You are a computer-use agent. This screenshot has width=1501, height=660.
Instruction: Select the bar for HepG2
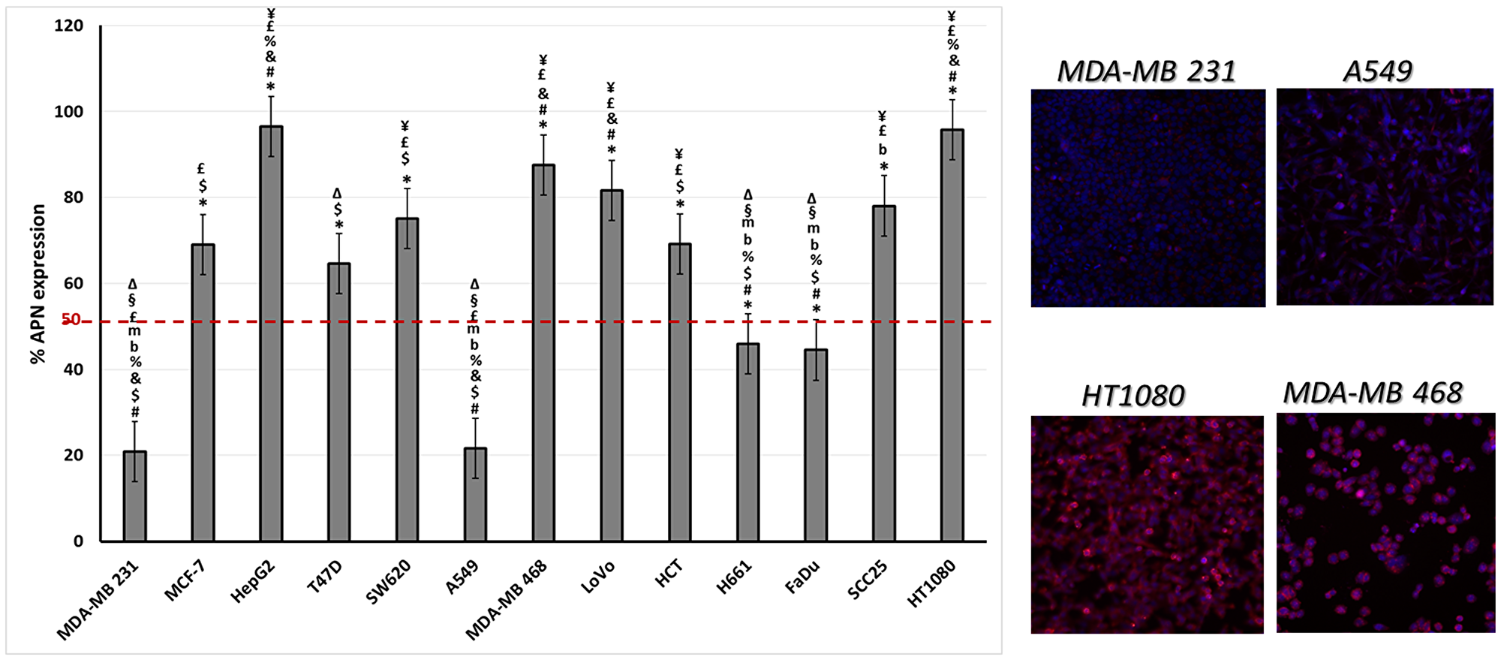pos(271,334)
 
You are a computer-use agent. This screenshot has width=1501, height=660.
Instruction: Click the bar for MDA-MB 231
pos(135,496)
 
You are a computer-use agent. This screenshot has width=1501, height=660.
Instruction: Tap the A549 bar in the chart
pos(475,495)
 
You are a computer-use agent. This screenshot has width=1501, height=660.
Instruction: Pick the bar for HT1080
pos(952,336)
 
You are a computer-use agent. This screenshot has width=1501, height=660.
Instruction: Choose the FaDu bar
pos(816,445)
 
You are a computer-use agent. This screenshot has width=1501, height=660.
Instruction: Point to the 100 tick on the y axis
pos(68,112)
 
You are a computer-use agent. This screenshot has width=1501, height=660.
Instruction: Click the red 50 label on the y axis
pos(71,321)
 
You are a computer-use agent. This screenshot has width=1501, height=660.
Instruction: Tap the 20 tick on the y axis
pos(74,456)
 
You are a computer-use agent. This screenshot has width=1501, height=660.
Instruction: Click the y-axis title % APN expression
pos(38,284)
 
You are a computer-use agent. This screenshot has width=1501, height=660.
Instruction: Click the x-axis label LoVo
pos(598,577)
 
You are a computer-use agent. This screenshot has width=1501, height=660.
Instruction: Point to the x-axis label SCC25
pos(868,580)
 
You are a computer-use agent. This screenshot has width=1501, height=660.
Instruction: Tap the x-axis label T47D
pos(325,577)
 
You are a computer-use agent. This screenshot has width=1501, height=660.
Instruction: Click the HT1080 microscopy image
pos(1147,524)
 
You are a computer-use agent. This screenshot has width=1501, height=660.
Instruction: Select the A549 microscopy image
pos(1385,197)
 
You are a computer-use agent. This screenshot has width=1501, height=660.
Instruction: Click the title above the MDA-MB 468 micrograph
pos(1373,393)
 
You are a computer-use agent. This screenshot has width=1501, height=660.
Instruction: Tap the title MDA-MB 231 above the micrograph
pos(1146,71)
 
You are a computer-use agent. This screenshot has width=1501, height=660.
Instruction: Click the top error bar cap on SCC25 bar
pos(884,176)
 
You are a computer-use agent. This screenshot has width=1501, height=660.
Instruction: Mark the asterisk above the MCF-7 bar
pos(203,203)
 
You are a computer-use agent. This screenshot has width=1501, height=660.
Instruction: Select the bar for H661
pos(747,442)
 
